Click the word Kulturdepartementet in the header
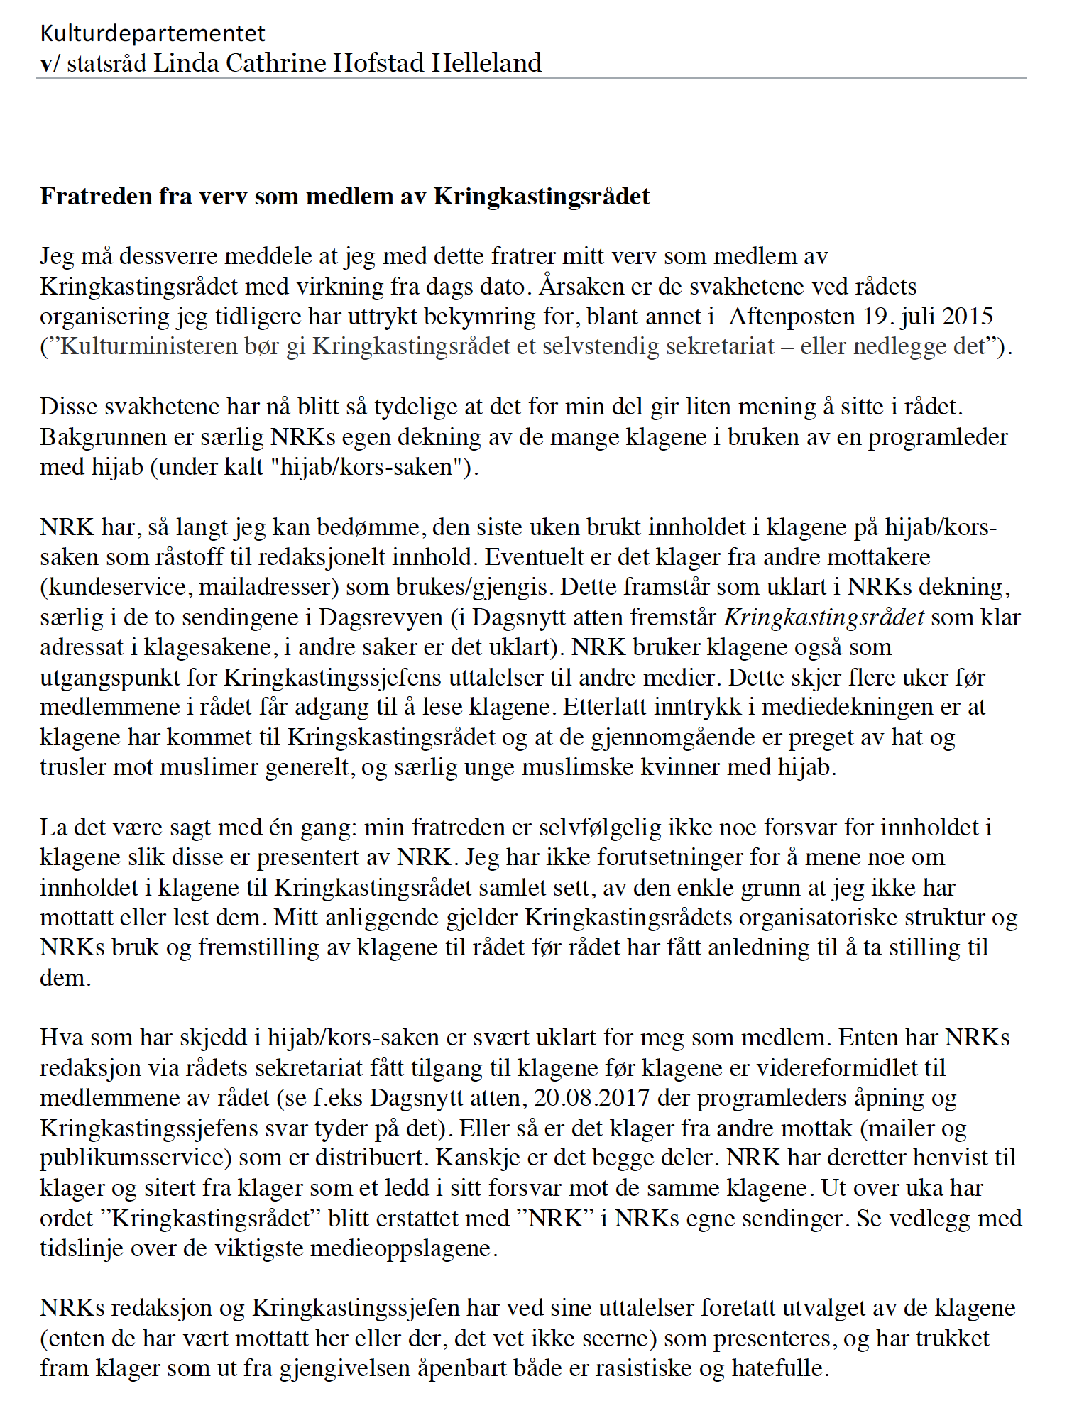[x=153, y=33]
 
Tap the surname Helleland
[x=487, y=63]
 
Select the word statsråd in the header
[x=106, y=63]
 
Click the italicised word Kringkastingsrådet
[x=823, y=617]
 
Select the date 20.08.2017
[x=591, y=1098]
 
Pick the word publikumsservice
[x=136, y=1158]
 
